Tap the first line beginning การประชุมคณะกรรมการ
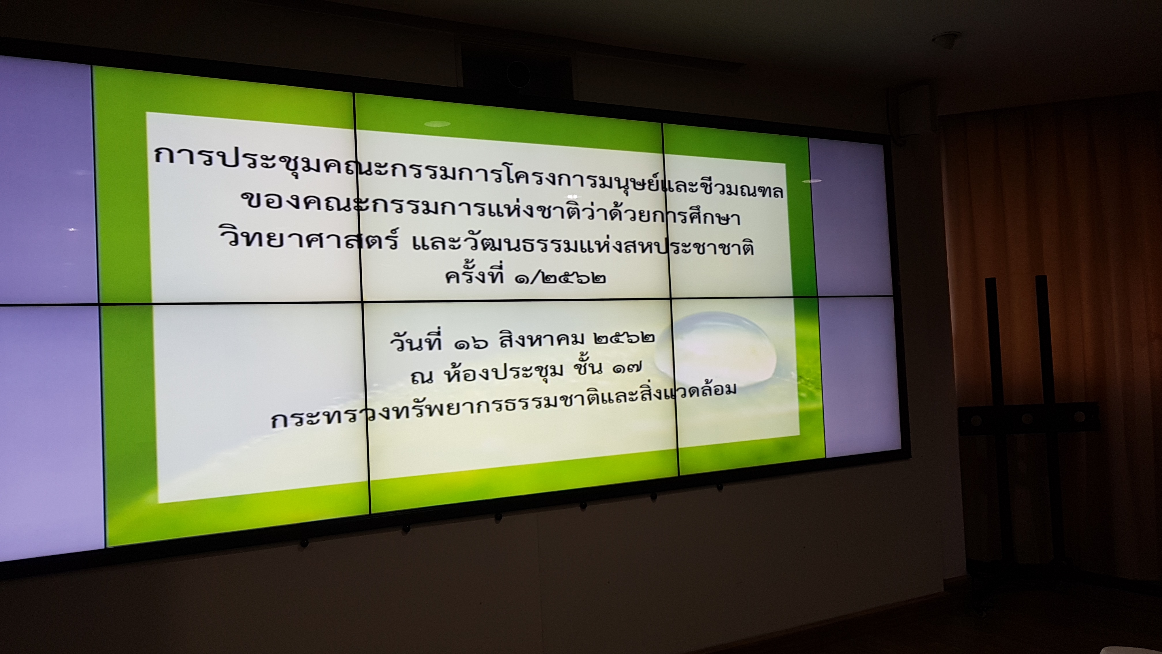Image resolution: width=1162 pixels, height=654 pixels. pyautogui.click(x=469, y=174)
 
